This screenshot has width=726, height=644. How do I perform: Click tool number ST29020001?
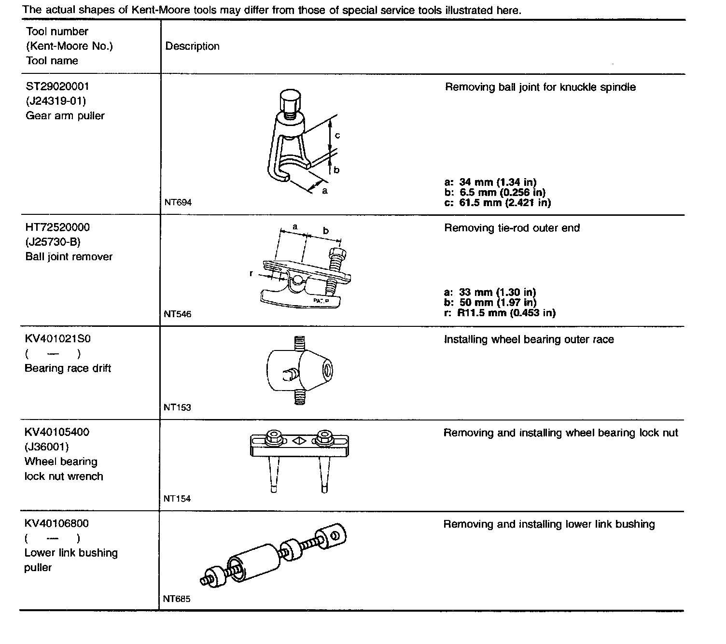57,86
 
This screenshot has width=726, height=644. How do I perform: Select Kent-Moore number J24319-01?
56,101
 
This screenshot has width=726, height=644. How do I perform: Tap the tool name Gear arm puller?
65,116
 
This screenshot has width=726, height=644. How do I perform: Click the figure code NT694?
178,203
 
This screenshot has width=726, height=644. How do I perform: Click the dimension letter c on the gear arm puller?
337,136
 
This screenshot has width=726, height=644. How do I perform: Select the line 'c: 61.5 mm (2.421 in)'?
497,203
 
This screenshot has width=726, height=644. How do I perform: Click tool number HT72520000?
57,227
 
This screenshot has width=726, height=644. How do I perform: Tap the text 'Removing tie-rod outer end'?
512,228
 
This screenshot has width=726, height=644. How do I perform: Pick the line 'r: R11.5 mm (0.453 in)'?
500,313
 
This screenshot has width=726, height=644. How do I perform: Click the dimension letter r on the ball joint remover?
251,274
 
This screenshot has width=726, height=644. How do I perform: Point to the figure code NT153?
177,407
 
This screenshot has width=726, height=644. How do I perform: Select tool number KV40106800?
56,523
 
